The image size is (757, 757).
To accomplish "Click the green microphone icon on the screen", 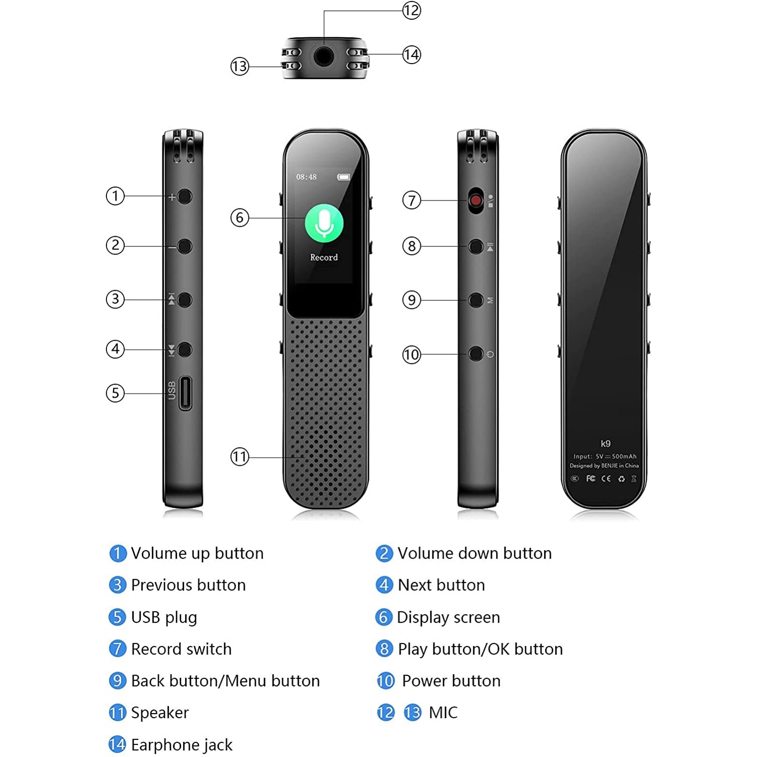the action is tap(324, 223).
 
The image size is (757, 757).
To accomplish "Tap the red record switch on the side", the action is tap(475, 201).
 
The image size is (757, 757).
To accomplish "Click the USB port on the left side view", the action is tap(185, 393).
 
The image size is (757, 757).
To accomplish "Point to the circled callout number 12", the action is tap(411, 11).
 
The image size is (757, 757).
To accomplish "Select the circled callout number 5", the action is tap(115, 393).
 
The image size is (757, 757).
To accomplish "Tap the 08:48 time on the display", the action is tap(306, 177).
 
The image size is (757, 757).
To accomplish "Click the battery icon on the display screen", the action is tap(344, 177).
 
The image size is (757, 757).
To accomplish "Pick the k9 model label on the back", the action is tap(606, 444).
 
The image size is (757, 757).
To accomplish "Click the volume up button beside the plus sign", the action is tap(185, 196).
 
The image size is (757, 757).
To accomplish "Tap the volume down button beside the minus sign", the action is tap(185, 246).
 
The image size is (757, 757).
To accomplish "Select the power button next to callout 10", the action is tap(475, 354).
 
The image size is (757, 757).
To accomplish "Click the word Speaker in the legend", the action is tap(159, 713).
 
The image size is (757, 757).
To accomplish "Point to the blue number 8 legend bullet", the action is tap(384, 648).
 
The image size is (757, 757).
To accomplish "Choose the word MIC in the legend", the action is tap(443, 713).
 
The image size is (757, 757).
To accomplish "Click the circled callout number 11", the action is tap(240, 457).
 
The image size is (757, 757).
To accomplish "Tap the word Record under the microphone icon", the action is tap(324, 257).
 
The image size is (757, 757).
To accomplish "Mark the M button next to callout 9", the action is tap(475, 300).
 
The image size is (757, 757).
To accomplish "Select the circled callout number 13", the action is tap(240, 66).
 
